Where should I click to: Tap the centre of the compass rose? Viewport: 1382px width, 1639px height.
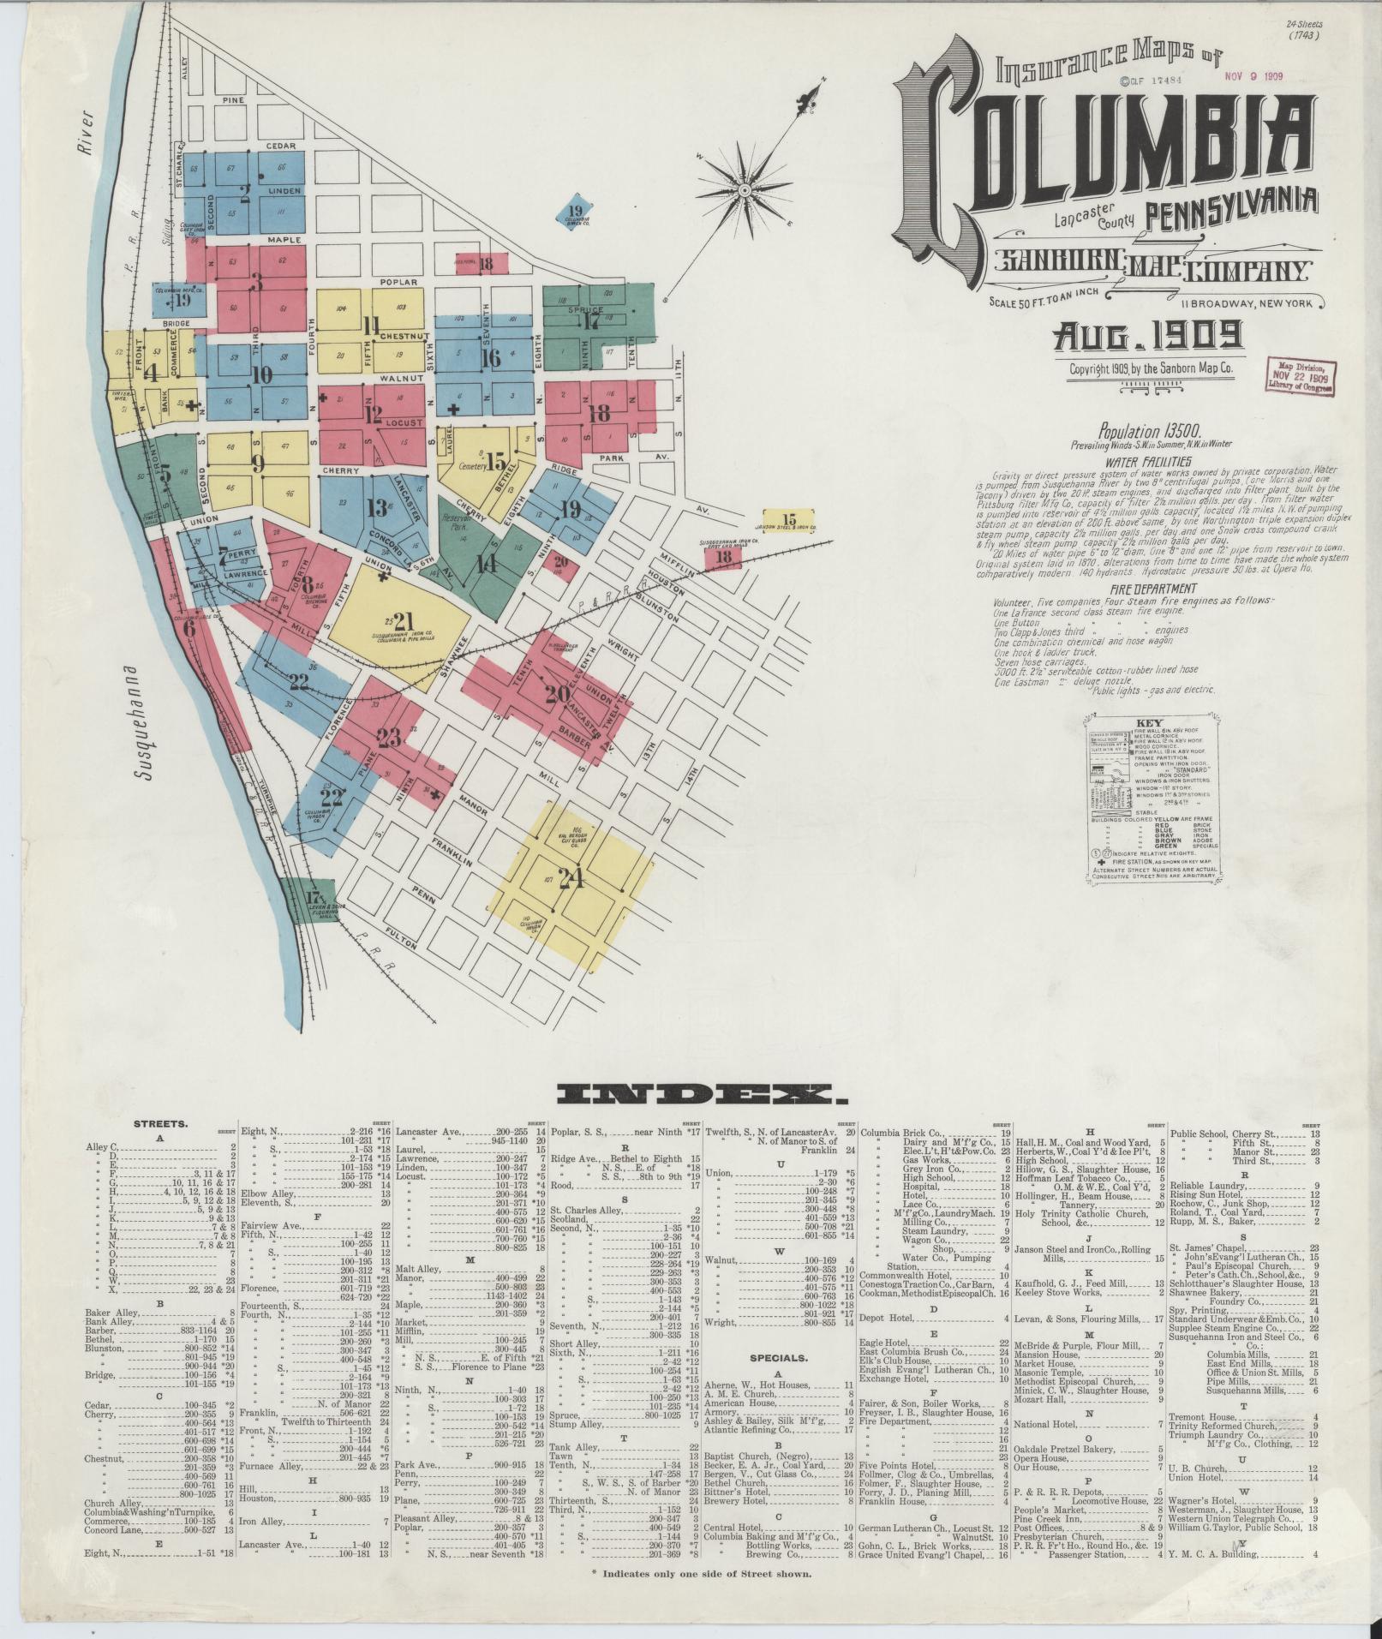pyautogui.click(x=745, y=189)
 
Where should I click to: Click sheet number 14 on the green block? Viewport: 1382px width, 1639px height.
pyautogui.click(x=486, y=563)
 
